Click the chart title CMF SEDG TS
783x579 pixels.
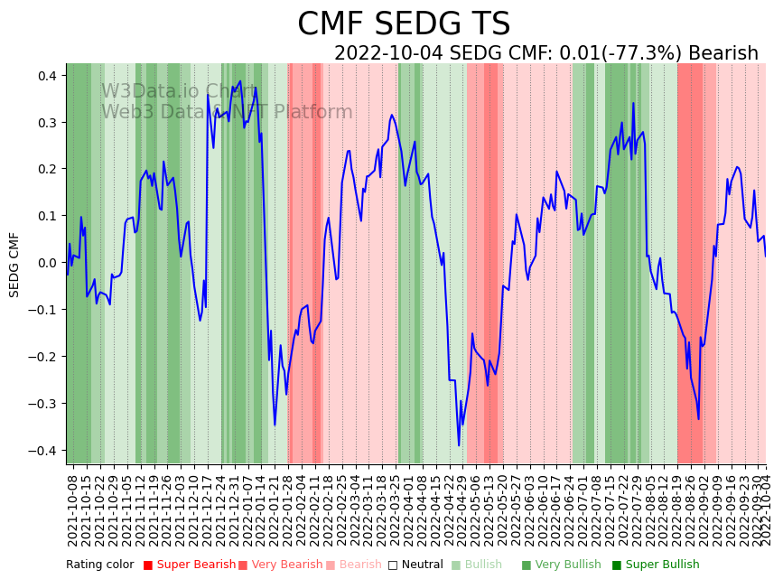click(x=404, y=24)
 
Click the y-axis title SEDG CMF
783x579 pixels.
click(x=14, y=265)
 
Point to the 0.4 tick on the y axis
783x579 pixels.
click(x=46, y=75)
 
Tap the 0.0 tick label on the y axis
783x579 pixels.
click(x=46, y=263)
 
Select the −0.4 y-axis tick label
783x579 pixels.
click(x=42, y=451)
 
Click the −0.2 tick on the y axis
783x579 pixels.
click(x=42, y=357)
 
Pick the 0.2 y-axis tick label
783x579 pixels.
click(x=46, y=169)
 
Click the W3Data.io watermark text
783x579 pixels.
click(x=178, y=91)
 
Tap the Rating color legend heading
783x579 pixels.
click(x=99, y=565)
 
